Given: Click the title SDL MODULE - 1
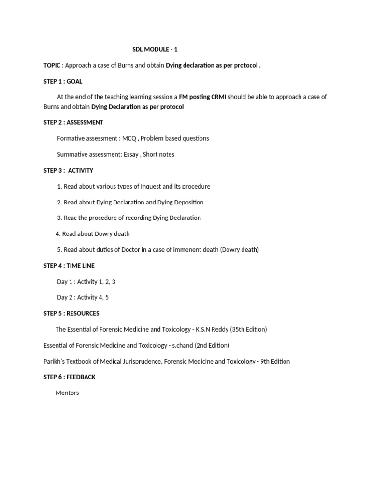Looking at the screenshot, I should point(158,49).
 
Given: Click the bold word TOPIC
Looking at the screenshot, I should point(52,65).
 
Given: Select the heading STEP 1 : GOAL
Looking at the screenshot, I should point(63,81).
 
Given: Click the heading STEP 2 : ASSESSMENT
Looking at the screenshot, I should point(73,122).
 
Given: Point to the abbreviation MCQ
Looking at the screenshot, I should point(129,138).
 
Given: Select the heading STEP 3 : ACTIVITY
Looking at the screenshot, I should point(69,170).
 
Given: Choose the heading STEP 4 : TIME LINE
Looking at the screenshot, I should point(69,266).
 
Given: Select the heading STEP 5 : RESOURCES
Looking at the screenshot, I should point(71,313).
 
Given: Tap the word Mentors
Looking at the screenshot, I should point(67,393).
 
